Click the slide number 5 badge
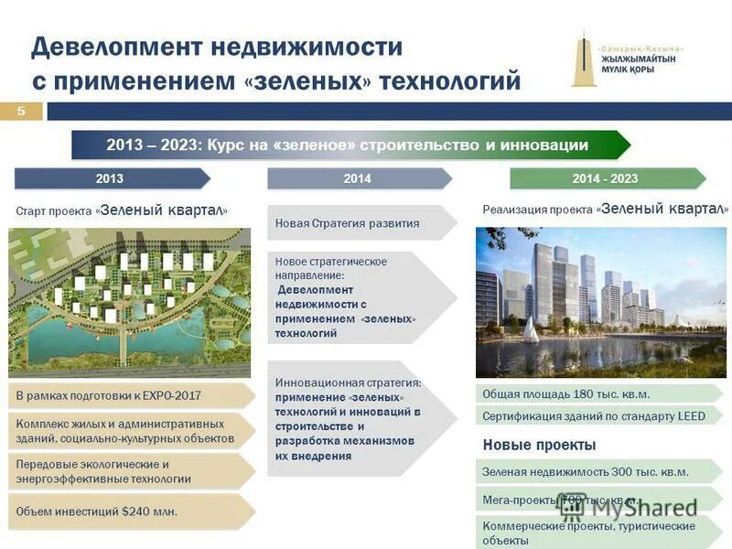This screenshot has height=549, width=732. [23, 111]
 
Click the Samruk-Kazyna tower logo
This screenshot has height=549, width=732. [583, 59]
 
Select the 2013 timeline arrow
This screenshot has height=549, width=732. [111, 178]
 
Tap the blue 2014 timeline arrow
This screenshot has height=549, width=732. [358, 178]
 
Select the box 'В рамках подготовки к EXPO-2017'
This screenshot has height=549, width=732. [128, 396]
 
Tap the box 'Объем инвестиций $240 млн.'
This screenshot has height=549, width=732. [128, 511]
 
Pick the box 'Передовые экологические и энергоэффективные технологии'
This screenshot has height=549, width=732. [128, 470]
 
